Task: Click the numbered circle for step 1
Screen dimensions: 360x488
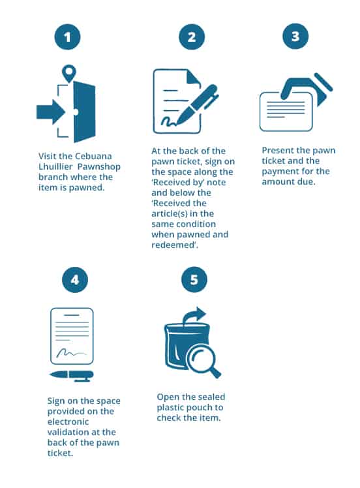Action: (67, 37)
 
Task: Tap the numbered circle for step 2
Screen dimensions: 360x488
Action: (192, 37)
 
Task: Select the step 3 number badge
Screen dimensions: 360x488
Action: (295, 37)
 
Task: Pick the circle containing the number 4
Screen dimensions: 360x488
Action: (75, 280)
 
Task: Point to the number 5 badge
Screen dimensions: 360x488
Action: (194, 279)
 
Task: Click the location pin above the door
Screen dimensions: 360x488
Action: (68, 73)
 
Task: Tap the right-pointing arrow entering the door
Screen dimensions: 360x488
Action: (51, 112)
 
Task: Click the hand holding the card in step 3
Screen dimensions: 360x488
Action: (303, 89)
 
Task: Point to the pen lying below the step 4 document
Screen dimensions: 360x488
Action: (72, 375)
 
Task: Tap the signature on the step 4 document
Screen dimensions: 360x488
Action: (70, 353)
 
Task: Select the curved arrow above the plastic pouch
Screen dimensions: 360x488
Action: (194, 316)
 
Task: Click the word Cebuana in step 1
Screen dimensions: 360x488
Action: (93, 156)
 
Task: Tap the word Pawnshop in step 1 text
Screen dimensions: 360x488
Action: (99, 167)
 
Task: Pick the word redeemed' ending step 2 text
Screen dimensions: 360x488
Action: (175, 245)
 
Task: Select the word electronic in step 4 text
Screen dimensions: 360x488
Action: (68, 421)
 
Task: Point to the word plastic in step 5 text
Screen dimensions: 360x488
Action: (172, 408)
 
